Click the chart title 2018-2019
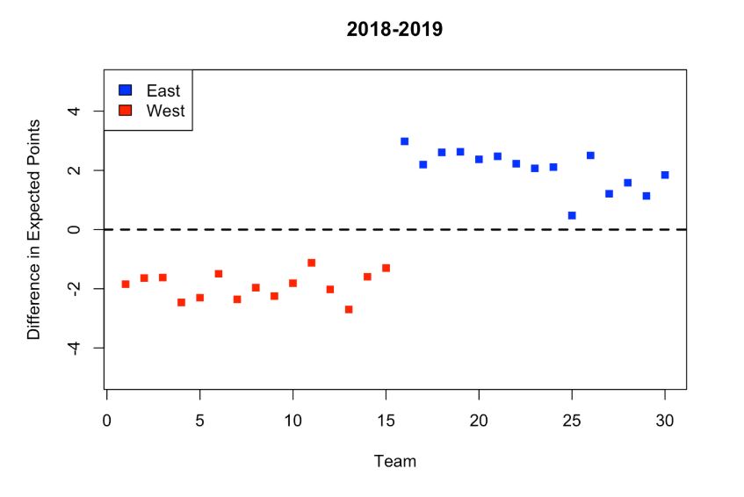(x=394, y=30)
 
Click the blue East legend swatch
(x=125, y=90)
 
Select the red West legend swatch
(x=125, y=111)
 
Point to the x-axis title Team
(x=394, y=461)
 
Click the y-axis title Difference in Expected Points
(x=34, y=229)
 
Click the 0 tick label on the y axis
(x=76, y=229)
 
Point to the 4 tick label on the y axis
(x=76, y=112)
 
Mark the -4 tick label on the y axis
(x=76, y=348)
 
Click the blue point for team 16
(x=404, y=141)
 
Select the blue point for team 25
(x=572, y=215)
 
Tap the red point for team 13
(x=349, y=309)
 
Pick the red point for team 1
(x=126, y=284)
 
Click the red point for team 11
(x=312, y=263)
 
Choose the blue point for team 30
(x=665, y=175)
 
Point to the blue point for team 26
(x=590, y=155)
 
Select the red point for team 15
(x=386, y=268)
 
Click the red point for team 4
(x=181, y=302)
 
